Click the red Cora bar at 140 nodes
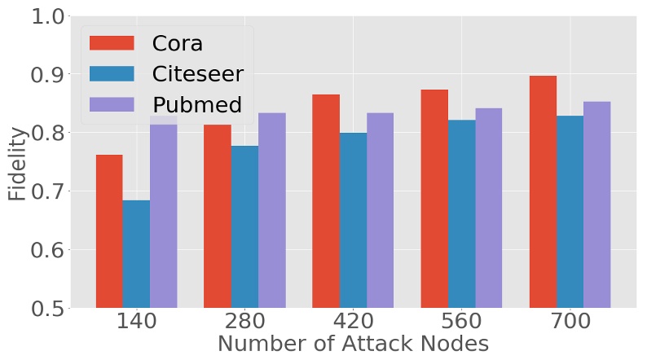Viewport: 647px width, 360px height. click(109, 231)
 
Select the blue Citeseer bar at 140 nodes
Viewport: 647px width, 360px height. click(136, 254)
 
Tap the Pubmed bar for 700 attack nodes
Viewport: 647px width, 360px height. click(596, 204)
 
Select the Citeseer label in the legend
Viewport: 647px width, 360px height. click(197, 73)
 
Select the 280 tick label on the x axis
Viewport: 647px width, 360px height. click(244, 321)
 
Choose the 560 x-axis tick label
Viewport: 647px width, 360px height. click(461, 321)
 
